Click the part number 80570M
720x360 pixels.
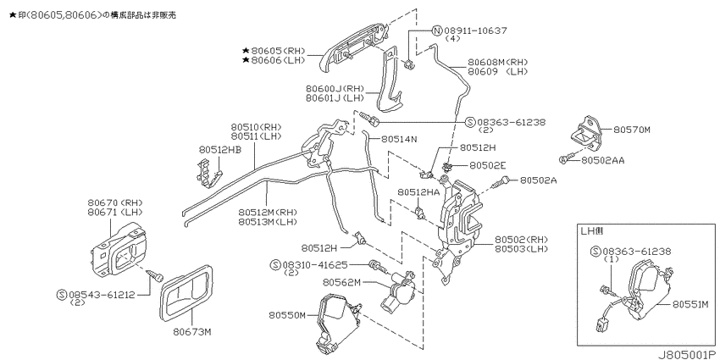[632, 130]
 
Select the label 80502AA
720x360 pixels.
[602, 160]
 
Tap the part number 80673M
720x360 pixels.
[192, 331]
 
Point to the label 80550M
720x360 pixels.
[287, 315]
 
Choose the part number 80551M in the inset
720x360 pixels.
[691, 303]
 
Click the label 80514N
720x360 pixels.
[399, 139]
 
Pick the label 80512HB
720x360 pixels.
[220, 150]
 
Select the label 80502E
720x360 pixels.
[487, 164]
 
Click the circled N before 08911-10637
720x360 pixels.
[437, 30]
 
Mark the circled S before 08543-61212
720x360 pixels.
[62, 295]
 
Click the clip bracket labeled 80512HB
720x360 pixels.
[207, 172]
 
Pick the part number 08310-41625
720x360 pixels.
[315, 265]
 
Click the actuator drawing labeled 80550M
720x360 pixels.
[339, 321]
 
